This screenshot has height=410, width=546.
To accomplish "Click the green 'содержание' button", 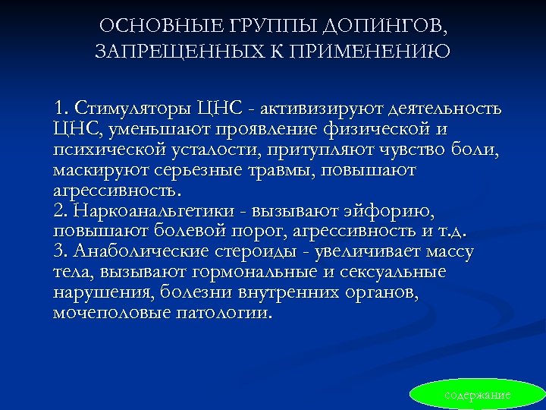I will tap(477, 395).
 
